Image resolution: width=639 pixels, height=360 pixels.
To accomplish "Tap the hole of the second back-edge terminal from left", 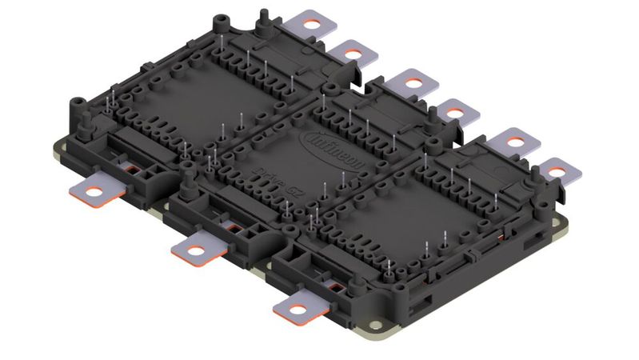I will (351, 54).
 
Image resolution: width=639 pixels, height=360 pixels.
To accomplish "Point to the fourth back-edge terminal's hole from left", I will (453, 112).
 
